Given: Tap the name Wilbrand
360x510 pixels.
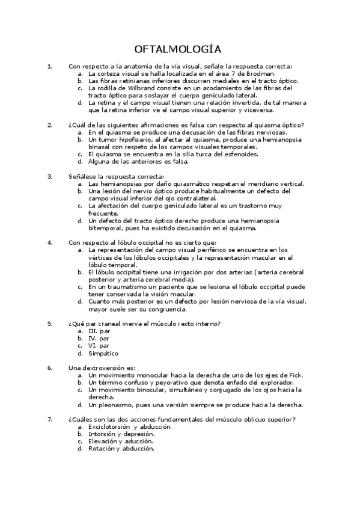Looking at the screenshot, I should tap(130, 88).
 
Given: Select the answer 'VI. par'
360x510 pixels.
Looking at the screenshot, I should tap(99, 346).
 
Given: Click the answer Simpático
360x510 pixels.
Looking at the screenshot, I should tap(103, 353).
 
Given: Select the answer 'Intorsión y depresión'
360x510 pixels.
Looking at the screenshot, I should tap(121, 434).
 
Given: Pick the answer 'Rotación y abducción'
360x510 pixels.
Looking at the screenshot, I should tap(121, 448).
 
